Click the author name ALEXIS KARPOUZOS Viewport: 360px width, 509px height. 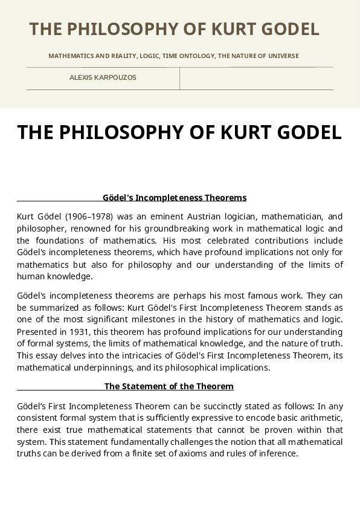103,77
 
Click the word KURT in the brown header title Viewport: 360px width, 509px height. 233,29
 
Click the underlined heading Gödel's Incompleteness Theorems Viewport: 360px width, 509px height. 175,198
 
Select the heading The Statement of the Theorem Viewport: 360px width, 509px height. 169,386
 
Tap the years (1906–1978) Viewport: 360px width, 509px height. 89,216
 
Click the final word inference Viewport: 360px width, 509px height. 278,454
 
